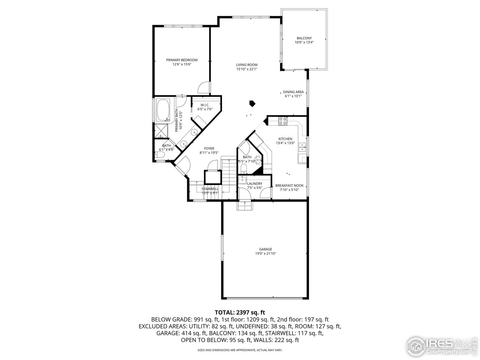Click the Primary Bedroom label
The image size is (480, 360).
point(182,60)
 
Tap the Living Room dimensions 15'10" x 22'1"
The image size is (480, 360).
point(246,69)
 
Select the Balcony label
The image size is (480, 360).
point(304,38)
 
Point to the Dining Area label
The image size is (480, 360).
point(293,92)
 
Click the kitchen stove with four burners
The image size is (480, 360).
point(283,121)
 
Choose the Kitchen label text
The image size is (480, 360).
point(285,139)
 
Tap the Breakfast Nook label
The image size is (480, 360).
point(289,186)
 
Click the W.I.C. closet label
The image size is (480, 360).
point(205,105)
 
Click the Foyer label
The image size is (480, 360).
point(209,148)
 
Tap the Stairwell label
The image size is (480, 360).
point(210,189)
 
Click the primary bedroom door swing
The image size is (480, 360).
point(204,88)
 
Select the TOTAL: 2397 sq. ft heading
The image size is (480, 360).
point(240,312)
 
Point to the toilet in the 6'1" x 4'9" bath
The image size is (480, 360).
point(159,154)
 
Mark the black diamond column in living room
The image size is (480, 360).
point(253,103)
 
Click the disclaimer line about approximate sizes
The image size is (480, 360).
point(240,350)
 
